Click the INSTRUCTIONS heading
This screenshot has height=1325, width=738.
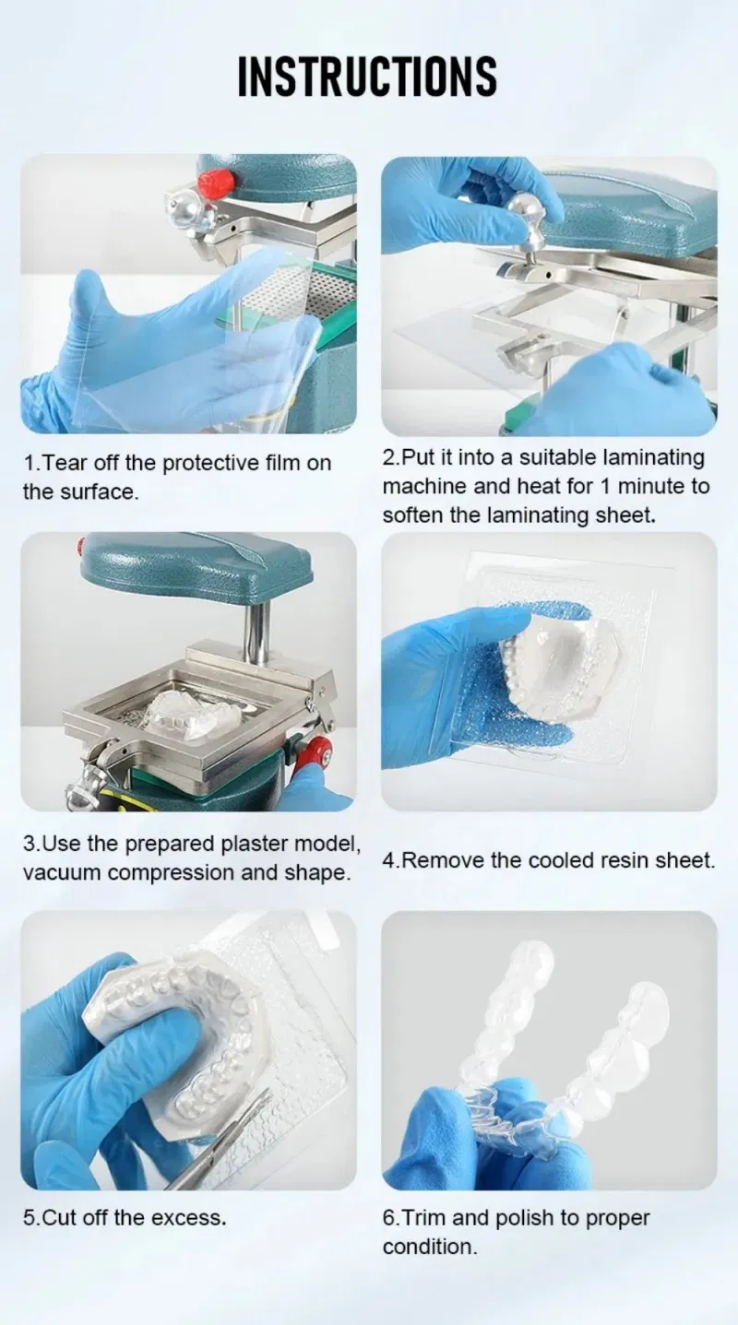pos(367,76)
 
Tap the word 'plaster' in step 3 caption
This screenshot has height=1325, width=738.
pos(255,844)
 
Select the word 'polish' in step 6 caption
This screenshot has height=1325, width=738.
pos(524,1218)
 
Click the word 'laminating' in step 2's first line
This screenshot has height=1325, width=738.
pos(653,458)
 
